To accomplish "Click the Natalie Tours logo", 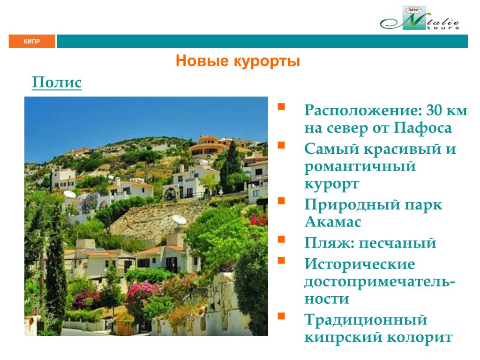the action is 420,18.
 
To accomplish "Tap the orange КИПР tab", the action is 32,41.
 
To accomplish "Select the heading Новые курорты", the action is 238,60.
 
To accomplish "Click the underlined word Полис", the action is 57,82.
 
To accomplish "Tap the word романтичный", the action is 360,167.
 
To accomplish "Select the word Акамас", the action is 333,221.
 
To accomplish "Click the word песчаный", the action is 397,243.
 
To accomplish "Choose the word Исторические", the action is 360,264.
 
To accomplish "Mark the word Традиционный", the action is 366,320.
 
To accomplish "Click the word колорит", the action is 420,337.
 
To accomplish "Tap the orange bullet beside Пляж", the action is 281,239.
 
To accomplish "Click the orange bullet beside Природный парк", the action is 281,201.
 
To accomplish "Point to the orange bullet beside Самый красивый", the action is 281,145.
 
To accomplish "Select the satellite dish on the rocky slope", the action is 179,220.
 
